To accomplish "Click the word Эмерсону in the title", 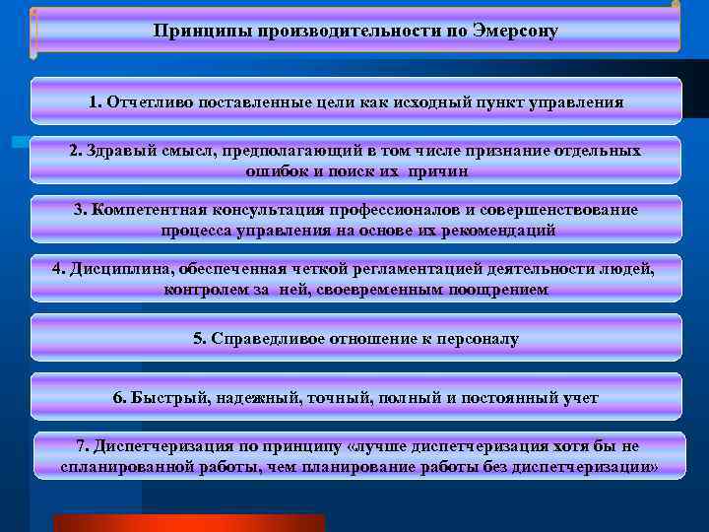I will [518, 31].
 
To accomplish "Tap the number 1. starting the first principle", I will [95, 101].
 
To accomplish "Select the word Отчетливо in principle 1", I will [147, 101].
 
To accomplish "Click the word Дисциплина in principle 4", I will [114, 269].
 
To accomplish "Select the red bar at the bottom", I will [188, 522].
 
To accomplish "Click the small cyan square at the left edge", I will [19, 144].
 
